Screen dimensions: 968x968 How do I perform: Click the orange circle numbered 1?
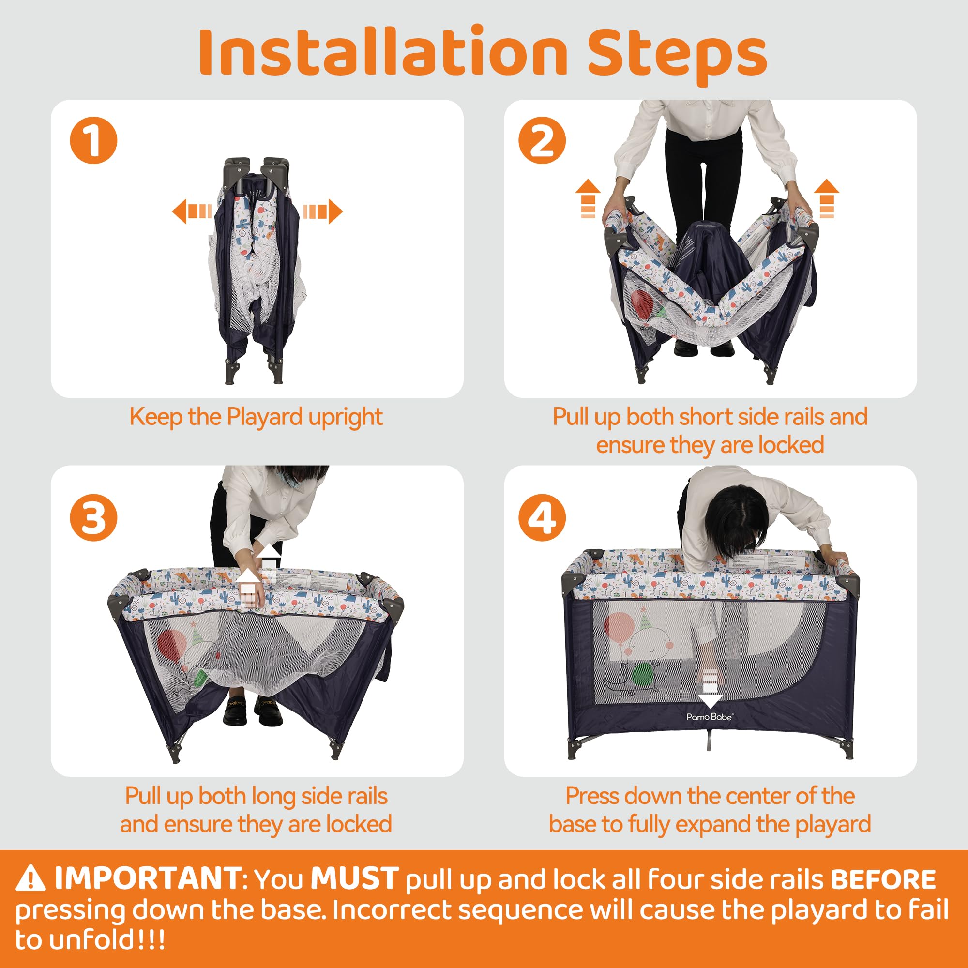93,140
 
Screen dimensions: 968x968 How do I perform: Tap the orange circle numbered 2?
542,140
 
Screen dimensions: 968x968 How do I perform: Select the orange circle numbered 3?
93,517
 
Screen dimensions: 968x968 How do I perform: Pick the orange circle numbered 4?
542,517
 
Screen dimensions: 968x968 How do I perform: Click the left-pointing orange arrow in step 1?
191,211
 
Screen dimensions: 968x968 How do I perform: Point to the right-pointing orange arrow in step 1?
323,211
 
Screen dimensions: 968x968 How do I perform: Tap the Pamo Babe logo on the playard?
710,717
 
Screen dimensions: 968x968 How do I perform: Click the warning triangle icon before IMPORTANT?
30,879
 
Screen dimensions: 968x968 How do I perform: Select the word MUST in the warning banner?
354,878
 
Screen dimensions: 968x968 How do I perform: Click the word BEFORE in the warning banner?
883,879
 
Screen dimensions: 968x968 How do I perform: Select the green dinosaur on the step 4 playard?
644,677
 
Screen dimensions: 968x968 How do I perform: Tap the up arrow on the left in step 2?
588,198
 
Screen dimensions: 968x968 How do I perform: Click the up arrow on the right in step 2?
826,198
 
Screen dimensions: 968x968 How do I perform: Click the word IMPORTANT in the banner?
148,878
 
